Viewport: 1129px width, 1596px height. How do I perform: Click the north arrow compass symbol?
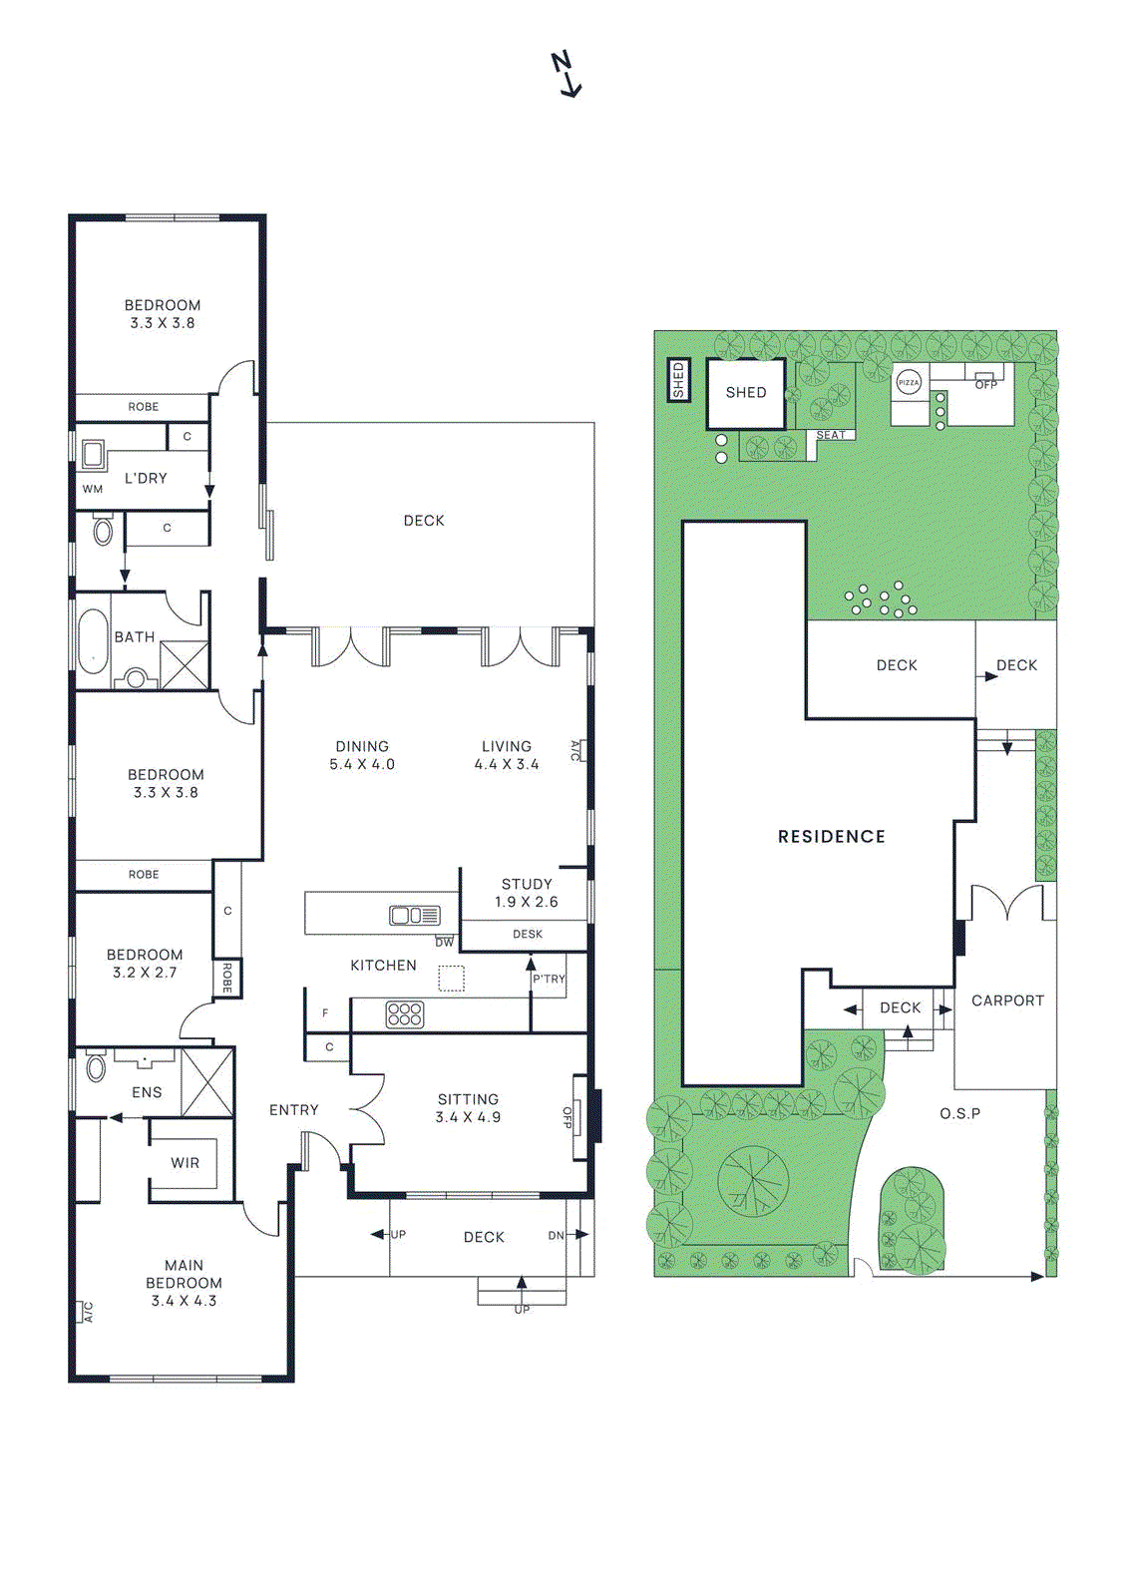[566, 74]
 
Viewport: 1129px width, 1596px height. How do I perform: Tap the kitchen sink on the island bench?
[415, 915]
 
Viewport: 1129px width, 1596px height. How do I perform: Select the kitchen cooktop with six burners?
[405, 1014]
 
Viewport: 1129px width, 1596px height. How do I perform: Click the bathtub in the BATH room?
[93, 639]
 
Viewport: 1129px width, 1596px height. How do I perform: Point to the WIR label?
[186, 1163]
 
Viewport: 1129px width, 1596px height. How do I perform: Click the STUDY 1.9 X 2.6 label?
[527, 893]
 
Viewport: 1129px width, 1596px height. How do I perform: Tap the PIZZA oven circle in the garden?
[909, 383]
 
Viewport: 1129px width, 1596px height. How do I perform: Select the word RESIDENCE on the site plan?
[831, 837]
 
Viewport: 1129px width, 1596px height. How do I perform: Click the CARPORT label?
[1007, 1000]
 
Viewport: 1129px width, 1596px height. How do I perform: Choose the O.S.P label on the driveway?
[959, 1113]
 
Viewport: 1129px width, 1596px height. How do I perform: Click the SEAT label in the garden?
[831, 435]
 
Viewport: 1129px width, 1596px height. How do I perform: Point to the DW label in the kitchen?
[445, 942]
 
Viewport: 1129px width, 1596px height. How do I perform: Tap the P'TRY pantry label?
[549, 979]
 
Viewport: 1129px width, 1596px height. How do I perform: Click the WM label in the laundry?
[93, 489]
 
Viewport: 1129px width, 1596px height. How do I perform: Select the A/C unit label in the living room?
[576, 750]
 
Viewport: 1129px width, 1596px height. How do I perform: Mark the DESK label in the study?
[528, 934]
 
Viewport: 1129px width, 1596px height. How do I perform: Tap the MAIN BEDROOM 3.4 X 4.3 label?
[184, 1283]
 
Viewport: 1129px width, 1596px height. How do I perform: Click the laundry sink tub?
[93, 455]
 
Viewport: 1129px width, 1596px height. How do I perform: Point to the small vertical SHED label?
[678, 380]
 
